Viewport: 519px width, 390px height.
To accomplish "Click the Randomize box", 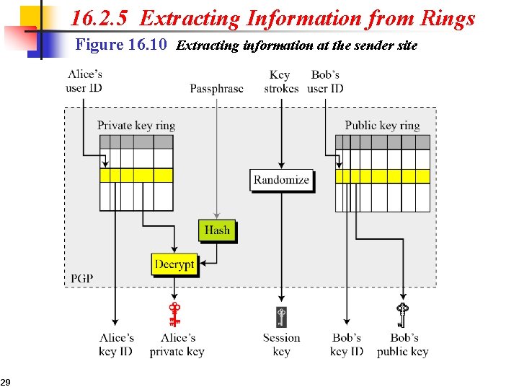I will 281,180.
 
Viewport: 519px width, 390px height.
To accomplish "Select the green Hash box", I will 216,230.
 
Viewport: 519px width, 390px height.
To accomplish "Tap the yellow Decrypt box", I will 174,264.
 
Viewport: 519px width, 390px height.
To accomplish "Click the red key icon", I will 174,315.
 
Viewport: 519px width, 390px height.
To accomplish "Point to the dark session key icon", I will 281,316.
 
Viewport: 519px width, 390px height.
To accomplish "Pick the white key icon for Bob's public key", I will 402,315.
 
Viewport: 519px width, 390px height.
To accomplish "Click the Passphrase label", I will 216,89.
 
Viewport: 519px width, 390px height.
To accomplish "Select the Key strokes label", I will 281,82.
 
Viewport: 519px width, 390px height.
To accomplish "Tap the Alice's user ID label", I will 85,82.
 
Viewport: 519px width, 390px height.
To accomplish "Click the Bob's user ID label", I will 325,82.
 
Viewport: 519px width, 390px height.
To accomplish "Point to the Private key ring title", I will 136,126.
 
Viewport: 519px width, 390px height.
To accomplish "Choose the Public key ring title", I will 382,126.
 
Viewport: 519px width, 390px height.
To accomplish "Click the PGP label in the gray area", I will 81,278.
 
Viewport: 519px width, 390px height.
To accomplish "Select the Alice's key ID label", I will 116,344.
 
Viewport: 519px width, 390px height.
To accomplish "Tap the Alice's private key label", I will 177,344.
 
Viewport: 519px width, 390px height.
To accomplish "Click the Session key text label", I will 281,344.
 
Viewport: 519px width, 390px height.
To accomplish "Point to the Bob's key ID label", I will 347,344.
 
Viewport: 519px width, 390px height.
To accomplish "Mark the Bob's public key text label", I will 402,344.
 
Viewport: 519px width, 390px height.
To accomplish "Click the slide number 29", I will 5,381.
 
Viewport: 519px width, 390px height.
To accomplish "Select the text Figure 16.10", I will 122,45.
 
